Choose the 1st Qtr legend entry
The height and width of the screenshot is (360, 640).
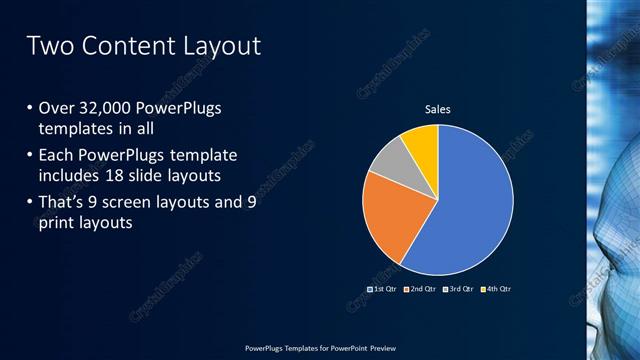(383, 289)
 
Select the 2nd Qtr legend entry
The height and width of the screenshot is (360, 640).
(421, 289)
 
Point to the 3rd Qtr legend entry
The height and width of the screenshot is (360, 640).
(459, 289)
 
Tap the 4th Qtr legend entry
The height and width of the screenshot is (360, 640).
(497, 289)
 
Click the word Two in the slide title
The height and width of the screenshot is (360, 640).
(49, 46)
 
